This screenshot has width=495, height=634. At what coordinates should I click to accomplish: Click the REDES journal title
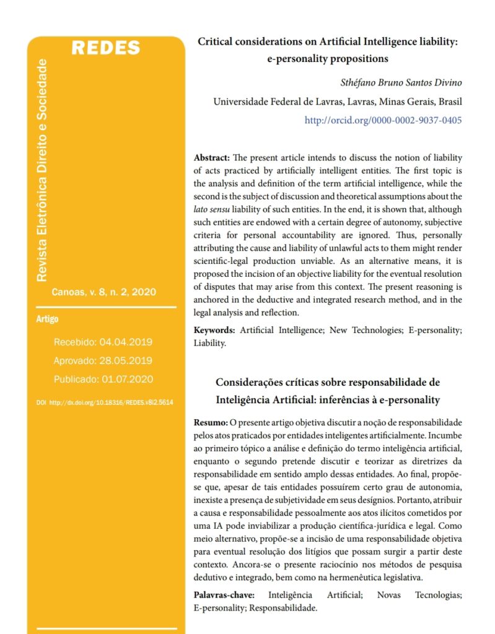(x=105, y=48)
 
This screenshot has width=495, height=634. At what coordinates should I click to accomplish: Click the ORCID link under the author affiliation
(x=383, y=120)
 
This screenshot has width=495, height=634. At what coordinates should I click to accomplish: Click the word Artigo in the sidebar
(x=48, y=319)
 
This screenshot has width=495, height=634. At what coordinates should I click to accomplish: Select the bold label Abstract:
(x=211, y=158)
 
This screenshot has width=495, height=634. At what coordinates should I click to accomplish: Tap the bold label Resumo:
(x=211, y=422)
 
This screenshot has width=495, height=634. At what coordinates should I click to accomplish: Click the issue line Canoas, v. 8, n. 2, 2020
(x=103, y=292)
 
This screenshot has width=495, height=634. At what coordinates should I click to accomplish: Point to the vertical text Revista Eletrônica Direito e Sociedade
(x=42, y=170)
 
